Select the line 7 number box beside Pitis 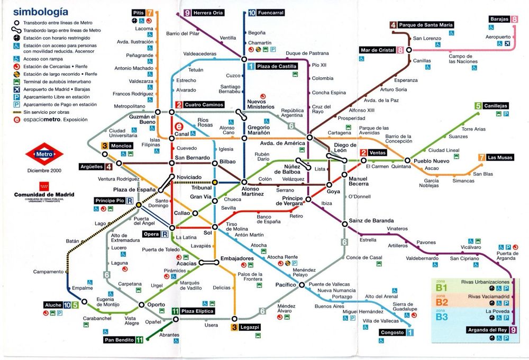click(x=150, y=12)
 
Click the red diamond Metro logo click(x=44, y=154)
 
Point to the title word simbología click(x=40, y=11)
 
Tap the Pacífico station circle click(x=302, y=285)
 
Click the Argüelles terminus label click(x=92, y=167)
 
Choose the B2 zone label click(x=441, y=302)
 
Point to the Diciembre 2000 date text click(x=44, y=170)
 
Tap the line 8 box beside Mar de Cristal click(x=400, y=50)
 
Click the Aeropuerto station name click(x=498, y=37)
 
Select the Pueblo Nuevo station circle click(x=408, y=160)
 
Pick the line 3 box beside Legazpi click(x=234, y=327)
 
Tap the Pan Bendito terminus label click(x=118, y=340)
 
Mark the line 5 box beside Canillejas click(x=478, y=106)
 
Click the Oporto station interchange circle click(x=141, y=304)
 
